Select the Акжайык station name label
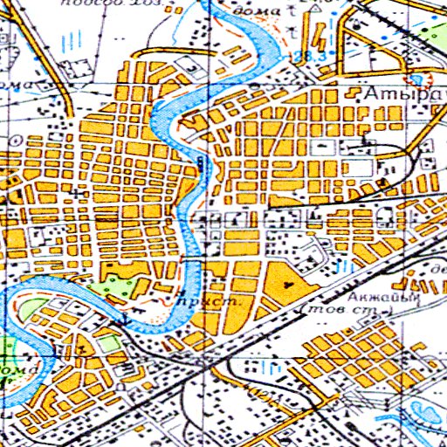(383, 298)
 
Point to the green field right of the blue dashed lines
(432, 35)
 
